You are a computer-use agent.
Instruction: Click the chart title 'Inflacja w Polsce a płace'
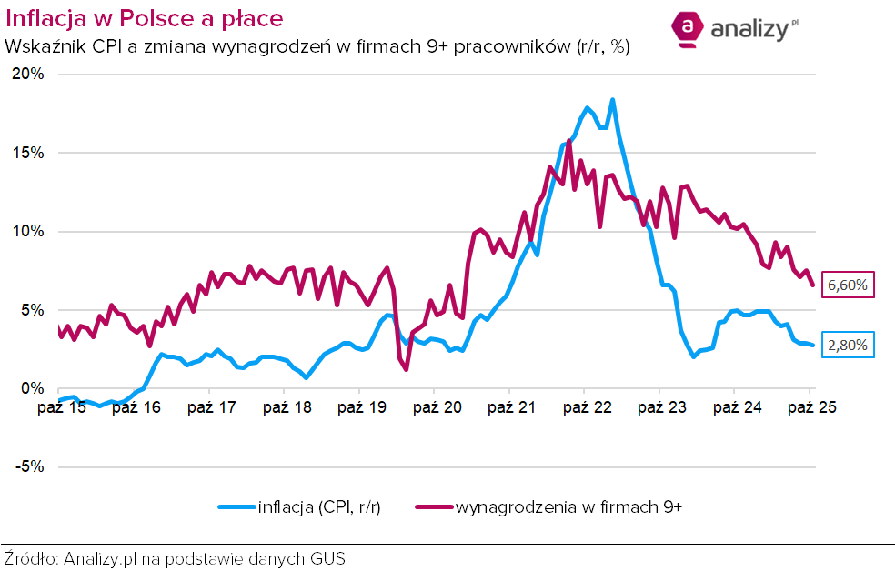pos(144,19)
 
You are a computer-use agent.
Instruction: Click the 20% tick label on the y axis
pos(27,75)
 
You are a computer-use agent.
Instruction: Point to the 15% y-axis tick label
pos(27,153)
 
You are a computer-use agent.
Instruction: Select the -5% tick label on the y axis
pos(27,467)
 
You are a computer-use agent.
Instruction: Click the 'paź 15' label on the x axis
pos(61,407)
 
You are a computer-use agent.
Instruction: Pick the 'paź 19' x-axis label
pos(362,407)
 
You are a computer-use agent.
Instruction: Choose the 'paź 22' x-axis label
pos(587,407)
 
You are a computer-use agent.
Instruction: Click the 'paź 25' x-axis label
pos(811,407)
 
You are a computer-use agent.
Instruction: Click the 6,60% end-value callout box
pos(848,285)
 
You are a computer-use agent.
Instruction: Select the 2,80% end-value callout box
pos(848,346)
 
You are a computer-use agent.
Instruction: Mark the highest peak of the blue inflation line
pos(613,100)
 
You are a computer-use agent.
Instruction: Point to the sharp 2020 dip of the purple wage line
pos(406,368)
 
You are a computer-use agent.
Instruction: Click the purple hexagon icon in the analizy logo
pos(689,29)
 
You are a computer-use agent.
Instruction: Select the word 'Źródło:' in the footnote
pos(31,557)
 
